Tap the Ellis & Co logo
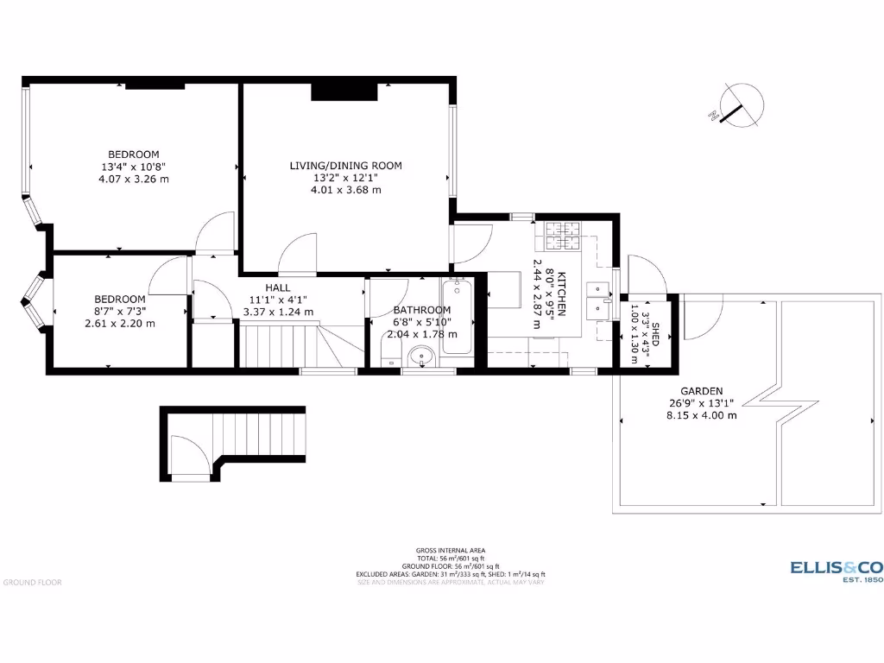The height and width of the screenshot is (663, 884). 837,571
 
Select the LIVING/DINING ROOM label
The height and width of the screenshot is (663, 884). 345,166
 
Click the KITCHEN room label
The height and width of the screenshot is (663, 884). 560,294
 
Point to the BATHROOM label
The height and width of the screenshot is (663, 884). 421,310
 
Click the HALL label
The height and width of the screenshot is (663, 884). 278,288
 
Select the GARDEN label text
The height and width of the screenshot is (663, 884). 701,390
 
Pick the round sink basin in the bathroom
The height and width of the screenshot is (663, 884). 421,355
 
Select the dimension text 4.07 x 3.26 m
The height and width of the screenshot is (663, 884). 133,179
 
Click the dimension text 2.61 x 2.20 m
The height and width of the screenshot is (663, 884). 120,324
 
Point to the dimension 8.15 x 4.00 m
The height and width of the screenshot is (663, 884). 701,415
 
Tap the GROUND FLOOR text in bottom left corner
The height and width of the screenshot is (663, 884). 32,583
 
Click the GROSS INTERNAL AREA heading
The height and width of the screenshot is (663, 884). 450,550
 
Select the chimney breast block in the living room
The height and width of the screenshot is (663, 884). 344,90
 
